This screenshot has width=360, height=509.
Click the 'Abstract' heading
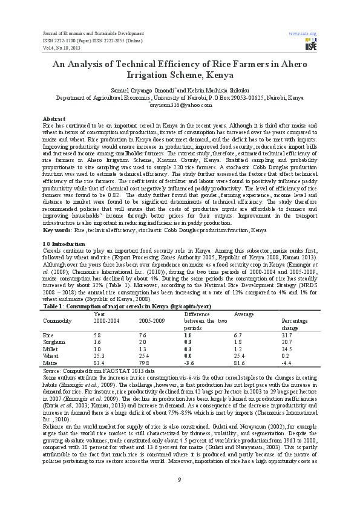[x=54, y=118]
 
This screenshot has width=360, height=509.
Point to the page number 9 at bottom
[x=180, y=481]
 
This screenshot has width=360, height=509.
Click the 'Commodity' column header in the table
[x=58, y=320]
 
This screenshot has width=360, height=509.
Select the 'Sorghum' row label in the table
[x=54, y=341]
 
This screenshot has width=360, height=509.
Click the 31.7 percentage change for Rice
[x=287, y=334]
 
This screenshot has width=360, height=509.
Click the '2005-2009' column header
[x=151, y=320]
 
